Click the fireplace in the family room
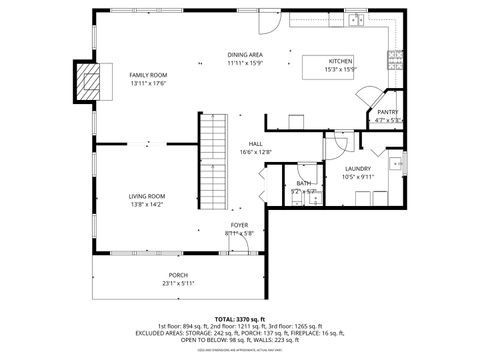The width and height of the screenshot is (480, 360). [90, 81]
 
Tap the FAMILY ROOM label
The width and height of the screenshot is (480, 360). [148, 75]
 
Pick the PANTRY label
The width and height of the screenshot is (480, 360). [388, 113]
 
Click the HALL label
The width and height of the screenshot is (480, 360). [256, 144]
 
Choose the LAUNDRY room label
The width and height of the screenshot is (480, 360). [358, 169]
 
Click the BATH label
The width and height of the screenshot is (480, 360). [302, 183]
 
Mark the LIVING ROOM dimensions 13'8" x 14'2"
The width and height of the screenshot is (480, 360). [147, 204]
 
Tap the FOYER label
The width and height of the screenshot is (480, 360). [240, 225]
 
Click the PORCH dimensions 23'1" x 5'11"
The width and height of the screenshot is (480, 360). [178, 283]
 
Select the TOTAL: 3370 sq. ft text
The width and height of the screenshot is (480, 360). [240, 317]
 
